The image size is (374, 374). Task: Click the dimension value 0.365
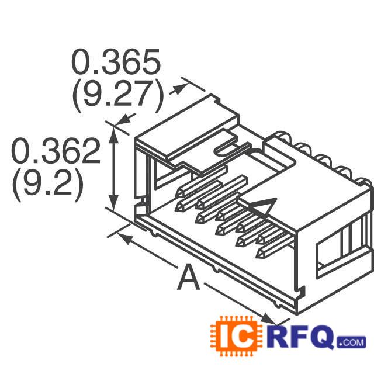pos(115,61)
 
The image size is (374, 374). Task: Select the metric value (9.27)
pos(117,95)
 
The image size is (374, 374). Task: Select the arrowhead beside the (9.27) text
pos(181,88)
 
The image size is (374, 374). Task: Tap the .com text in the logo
pos(351,341)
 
